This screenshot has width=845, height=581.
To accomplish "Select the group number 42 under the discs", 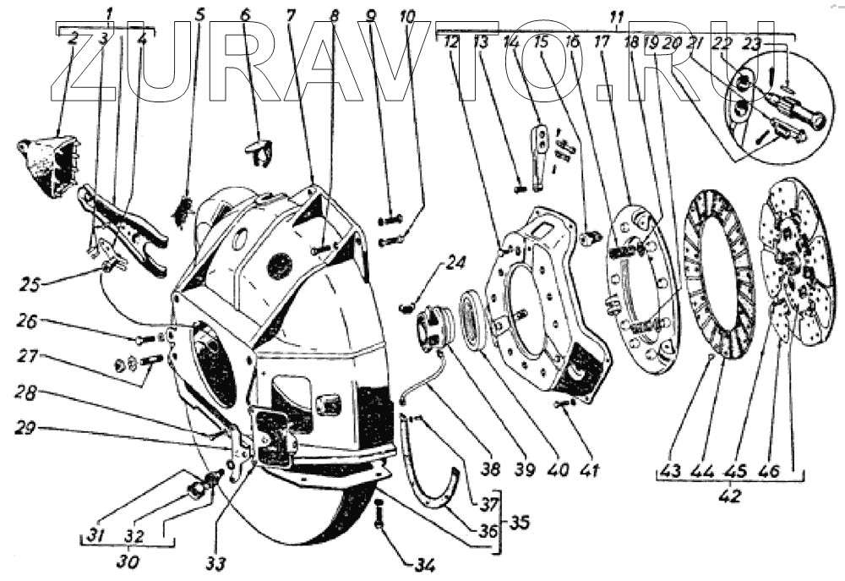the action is [x=728, y=496].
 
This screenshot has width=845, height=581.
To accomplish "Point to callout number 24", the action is [x=455, y=263].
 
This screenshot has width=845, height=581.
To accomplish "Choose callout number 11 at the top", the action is [x=616, y=15].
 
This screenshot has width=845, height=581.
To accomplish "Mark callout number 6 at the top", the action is [x=246, y=14].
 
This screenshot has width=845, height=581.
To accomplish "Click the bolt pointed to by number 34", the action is [x=379, y=512].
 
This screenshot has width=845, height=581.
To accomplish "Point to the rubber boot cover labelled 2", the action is [x=46, y=162].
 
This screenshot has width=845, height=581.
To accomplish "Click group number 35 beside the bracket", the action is [x=517, y=523].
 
